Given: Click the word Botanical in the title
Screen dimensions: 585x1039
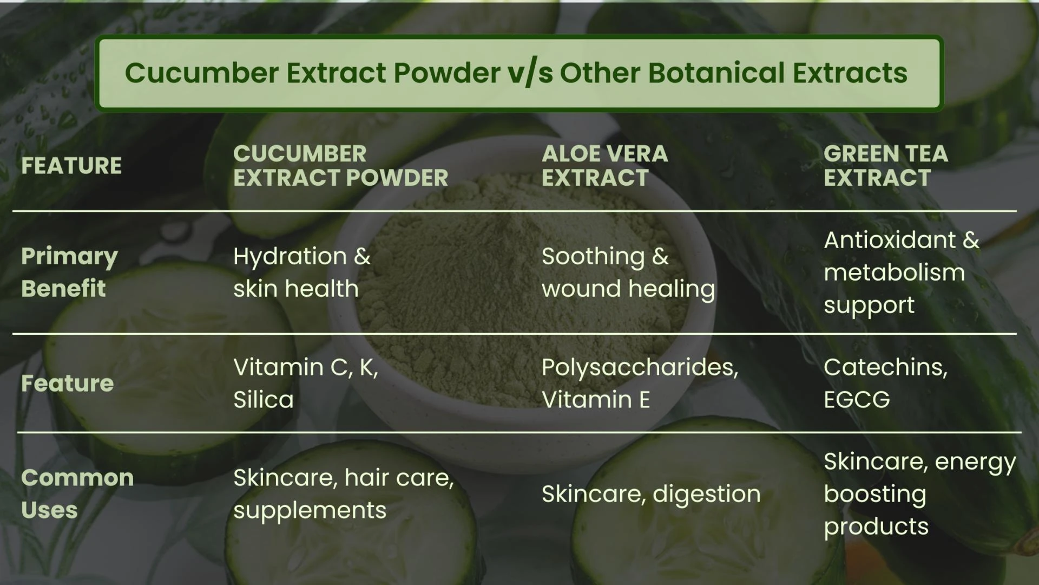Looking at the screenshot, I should (x=716, y=73).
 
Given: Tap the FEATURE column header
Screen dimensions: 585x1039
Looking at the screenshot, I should (x=71, y=166).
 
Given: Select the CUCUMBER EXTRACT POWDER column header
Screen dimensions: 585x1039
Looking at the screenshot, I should (x=340, y=166).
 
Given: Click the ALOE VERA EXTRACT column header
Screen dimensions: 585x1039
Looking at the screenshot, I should (x=604, y=166).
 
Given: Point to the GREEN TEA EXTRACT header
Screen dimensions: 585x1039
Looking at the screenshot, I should (x=885, y=166).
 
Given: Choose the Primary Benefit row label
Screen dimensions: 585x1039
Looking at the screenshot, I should (x=69, y=272).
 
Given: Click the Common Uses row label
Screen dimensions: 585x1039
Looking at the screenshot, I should (x=77, y=493).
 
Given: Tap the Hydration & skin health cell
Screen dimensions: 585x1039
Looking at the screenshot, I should (x=301, y=272).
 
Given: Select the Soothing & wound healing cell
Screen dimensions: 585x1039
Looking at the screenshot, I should (x=628, y=272).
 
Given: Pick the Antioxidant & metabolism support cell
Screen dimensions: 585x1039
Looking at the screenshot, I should (x=901, y=272).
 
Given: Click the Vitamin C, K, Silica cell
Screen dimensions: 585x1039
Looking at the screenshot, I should (x=305, y=383).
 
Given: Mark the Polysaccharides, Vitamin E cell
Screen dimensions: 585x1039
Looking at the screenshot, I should (x=640, y=383).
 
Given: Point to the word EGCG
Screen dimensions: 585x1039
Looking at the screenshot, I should (x=857, y=400).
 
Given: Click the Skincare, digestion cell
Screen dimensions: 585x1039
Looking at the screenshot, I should (x=651, y=494).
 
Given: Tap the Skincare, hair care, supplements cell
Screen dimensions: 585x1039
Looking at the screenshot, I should (x=343, y=493).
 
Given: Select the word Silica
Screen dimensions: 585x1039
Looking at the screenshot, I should (x=264, y=400).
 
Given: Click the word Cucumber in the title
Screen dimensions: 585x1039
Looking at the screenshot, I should (x=202, y=73).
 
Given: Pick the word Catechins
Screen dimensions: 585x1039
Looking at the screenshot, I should (x=885, y=367).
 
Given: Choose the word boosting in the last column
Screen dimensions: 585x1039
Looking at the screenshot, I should (x=875, y=494).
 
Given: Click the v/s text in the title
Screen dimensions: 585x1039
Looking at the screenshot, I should (x=530, y=73).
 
